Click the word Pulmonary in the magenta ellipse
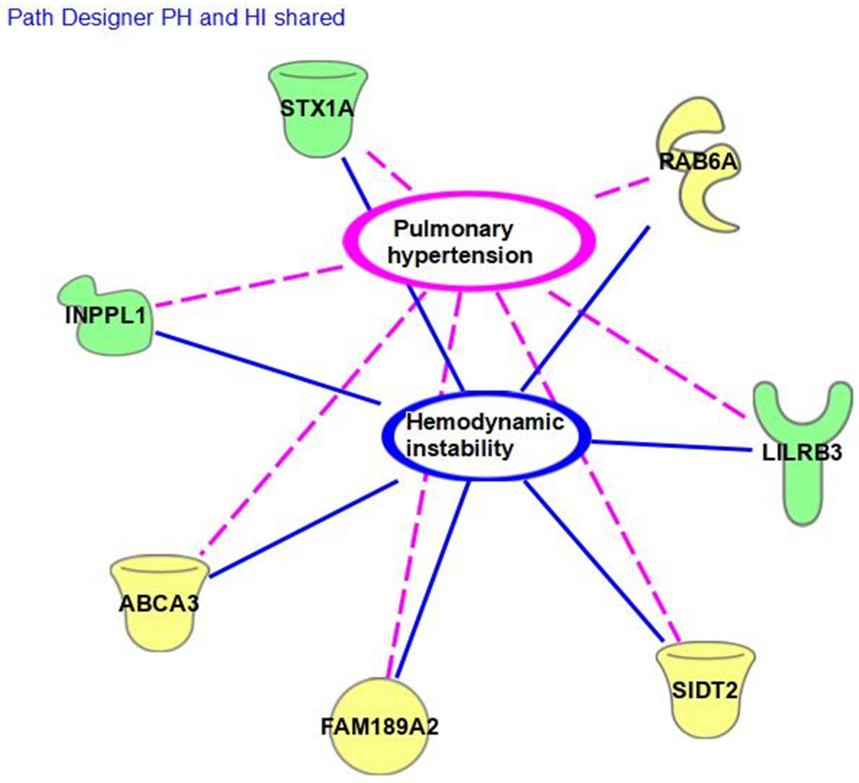(453, 229)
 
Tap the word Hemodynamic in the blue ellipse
(485, 422)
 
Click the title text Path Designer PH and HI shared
(176, 18)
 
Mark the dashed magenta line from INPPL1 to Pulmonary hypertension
(249, 286)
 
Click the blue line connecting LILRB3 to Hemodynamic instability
(671, 446)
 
